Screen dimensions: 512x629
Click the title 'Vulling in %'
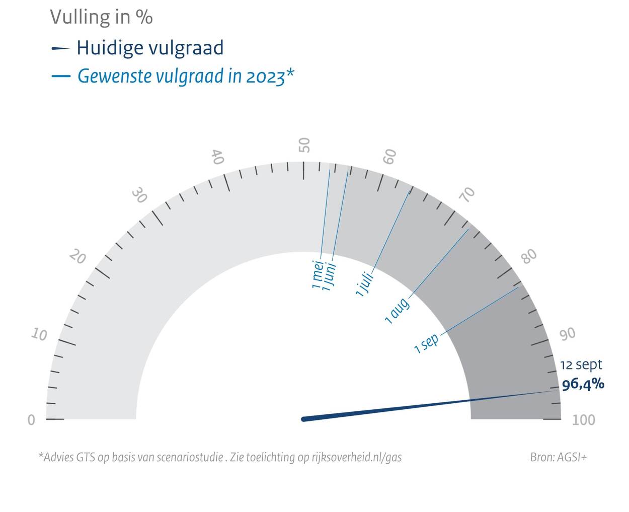(101, 18)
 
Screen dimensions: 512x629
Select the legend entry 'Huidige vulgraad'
(149, 48)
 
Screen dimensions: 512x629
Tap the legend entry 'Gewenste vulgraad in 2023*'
(185, 77)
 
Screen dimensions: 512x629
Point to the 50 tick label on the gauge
(304, 145)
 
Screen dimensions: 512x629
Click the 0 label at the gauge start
(31, 420)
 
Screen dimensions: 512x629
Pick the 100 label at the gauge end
(583, 420)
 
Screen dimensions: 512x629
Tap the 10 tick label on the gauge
(39, 334)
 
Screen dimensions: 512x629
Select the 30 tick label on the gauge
(139, 195)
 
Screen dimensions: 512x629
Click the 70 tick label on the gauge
(468, 194)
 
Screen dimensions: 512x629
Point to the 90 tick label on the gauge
(568, 334)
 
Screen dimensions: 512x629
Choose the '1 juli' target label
(365, 284)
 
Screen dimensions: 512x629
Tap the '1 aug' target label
(397, 311)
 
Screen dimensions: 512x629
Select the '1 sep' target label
(427, 343)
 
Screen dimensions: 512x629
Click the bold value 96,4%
(583, 385)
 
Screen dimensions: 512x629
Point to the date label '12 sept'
(581, 365)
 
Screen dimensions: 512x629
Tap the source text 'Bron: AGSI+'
(558, 457)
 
